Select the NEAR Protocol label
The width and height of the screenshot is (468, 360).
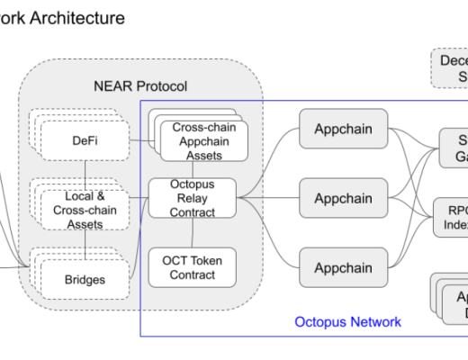click(140, 86)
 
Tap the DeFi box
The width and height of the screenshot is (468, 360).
click(85, 141)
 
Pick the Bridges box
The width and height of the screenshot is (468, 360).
click(86, 279)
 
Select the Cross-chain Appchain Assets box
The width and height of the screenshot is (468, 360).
click(204, 141)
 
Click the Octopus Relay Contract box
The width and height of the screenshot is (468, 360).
click(193, 198)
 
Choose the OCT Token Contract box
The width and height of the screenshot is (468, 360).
click(193, 267)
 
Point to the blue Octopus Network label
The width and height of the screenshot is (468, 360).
click(347, 321)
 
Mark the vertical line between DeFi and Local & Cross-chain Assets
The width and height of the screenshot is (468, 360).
click(85, 171)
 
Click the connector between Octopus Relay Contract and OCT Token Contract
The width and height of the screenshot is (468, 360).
click(193, 233)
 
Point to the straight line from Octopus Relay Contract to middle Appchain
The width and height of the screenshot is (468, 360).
click(270, 198)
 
